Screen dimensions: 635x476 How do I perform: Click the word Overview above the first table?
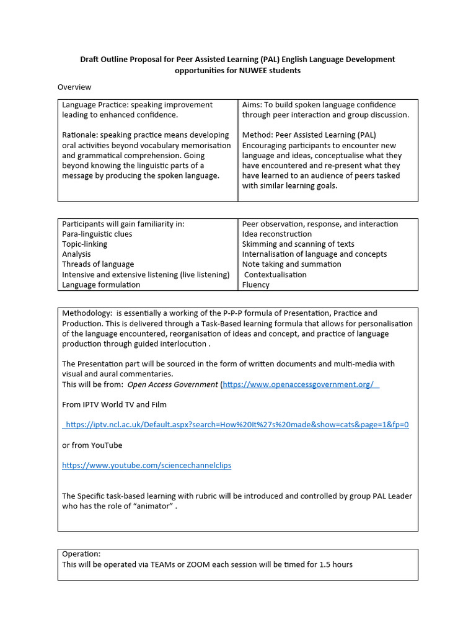74,87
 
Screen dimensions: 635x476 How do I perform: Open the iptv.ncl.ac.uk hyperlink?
236,425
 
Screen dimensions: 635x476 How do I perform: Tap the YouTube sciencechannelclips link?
147,465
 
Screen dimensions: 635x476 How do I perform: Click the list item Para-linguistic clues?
97,234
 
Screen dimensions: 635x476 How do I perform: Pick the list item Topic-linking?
85,244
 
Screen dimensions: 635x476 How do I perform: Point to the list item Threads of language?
98,264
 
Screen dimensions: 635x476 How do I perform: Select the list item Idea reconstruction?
277,234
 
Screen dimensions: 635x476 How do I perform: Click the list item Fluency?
256,285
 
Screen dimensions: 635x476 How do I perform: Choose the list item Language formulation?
101,285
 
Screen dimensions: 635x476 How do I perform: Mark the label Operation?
81,554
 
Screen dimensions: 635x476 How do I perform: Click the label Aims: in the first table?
252,105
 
